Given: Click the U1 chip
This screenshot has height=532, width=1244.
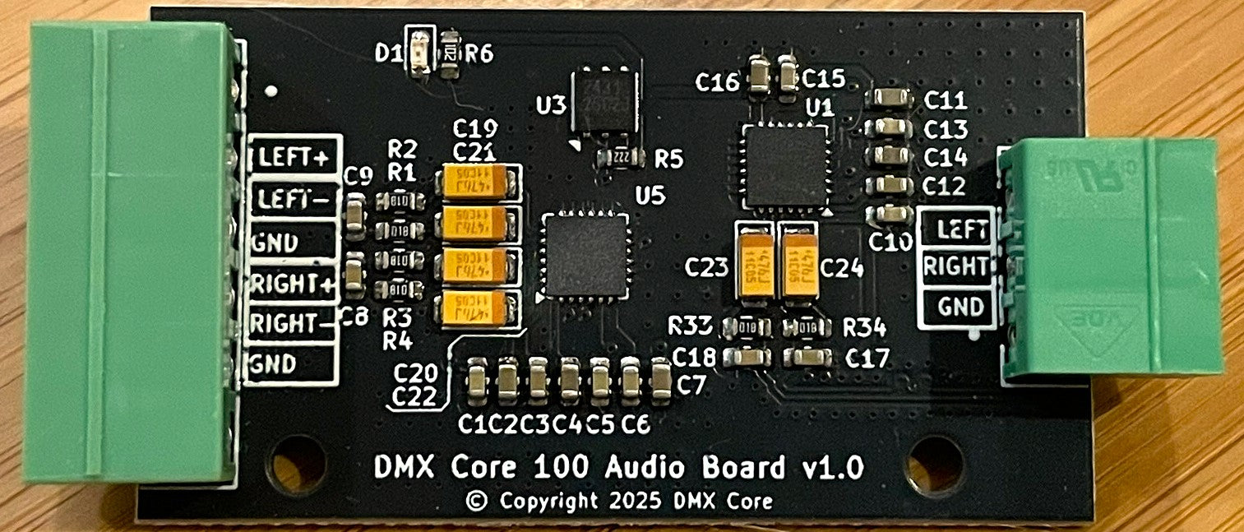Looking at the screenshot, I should click(785, 165).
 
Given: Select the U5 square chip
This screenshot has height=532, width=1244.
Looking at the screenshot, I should click(584, 254).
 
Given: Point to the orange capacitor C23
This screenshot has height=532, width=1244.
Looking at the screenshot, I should click(753, 258).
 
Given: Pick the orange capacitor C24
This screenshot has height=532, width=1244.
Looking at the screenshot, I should click(798, 258).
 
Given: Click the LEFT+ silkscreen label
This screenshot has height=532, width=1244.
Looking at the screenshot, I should click(294, 156).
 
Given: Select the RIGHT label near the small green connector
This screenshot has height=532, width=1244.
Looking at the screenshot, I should click(955, 266).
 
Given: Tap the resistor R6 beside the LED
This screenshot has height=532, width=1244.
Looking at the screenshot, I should click(450, 53).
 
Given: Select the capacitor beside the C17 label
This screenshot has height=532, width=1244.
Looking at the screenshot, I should click(807, 356).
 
